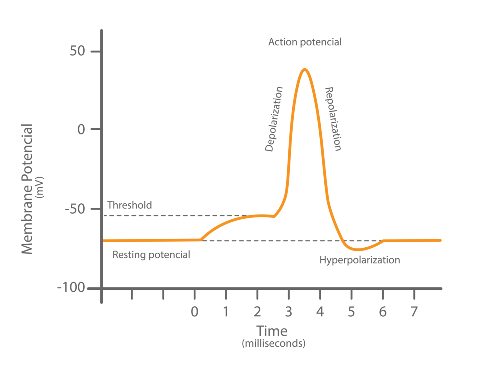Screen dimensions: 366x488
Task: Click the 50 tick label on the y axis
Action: tap(77, 51)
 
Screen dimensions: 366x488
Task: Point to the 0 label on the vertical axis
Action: tap(81, 129)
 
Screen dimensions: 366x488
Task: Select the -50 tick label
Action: tap(75, 209)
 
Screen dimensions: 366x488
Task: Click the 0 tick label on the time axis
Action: tap(194, 312)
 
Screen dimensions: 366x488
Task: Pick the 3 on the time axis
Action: tap(289, 312)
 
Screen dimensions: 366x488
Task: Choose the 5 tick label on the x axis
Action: tap(352, 312)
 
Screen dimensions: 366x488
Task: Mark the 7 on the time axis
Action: tap(414, 312)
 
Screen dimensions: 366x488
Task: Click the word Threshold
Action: tap(130, 205)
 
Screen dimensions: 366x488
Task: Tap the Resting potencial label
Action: tap(151, 254)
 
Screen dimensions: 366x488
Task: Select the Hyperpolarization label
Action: tap(360, 260)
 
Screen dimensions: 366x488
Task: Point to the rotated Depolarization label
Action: tap(274, 119)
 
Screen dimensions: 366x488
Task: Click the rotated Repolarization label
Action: tap(333, 119)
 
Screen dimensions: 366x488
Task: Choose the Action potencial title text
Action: tap(305, 42)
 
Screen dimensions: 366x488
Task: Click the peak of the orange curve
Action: tap(304, 69)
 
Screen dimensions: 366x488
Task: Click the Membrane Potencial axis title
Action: tap(27, 189)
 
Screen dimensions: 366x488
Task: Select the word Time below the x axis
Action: tap(272, 331)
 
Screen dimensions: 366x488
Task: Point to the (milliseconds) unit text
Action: tap(274, 343)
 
